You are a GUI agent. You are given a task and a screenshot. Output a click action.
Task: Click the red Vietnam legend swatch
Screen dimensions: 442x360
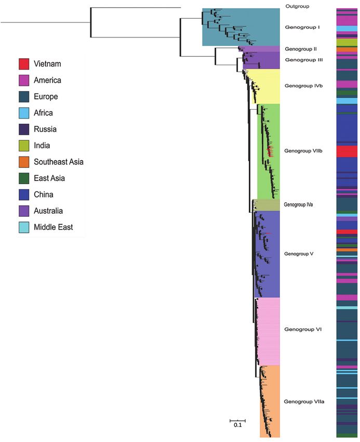coord(24,64)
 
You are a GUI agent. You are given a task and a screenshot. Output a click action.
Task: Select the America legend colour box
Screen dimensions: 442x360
coord(24,81)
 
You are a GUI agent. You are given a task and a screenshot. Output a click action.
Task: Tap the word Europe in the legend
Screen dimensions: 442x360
coord(46,97)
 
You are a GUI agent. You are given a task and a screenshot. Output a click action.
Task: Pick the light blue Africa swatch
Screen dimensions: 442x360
coord(24,113)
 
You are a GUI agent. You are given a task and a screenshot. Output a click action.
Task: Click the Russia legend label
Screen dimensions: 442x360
coord(45,129)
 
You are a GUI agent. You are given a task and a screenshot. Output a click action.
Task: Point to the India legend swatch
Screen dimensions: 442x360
coord(24,146)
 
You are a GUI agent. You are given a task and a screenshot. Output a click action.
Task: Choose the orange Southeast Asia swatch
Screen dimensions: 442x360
coord(24,162)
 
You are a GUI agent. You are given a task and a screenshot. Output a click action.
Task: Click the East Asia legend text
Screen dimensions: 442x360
coord(50,178)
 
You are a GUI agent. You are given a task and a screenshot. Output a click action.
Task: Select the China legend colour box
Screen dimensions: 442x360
coord(24,194)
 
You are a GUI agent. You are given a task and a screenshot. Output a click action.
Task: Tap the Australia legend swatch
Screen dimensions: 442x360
coord(24,211)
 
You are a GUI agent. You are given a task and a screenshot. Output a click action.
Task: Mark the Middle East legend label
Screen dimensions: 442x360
coord(54,227)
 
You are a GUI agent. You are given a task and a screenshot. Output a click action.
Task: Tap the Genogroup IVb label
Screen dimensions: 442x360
coord(303,86)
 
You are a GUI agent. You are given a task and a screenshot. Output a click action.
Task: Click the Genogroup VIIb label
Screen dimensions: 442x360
coord(304,151)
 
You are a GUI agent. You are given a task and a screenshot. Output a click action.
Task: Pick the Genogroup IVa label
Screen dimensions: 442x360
coord(301,205)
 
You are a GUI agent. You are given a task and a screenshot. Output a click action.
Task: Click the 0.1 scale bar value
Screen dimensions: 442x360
coord(237,425)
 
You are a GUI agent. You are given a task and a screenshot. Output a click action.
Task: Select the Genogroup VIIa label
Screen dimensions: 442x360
coord(304,401)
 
